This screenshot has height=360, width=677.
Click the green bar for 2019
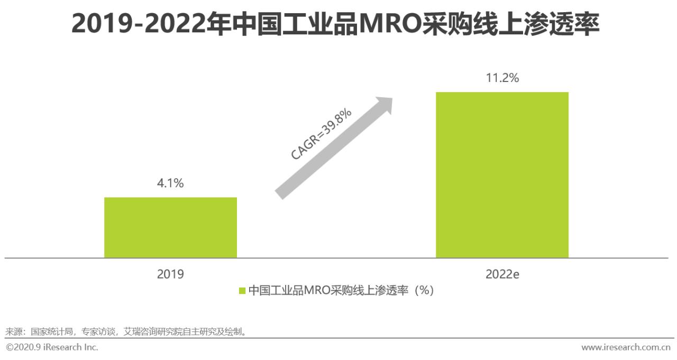point(170,227)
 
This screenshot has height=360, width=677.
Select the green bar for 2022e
point(502,175)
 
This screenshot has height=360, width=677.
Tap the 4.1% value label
point(170,183)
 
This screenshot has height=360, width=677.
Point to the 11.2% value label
point(502,78)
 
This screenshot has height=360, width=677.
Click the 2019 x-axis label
point(170,274)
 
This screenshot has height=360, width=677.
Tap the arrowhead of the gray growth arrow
point(385,103)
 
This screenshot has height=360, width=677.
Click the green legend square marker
point(242,291)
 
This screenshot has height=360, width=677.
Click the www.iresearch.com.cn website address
point(626,347)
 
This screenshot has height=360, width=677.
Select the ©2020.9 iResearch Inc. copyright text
point(52,347)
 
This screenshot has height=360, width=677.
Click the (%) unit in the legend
point(424,291)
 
